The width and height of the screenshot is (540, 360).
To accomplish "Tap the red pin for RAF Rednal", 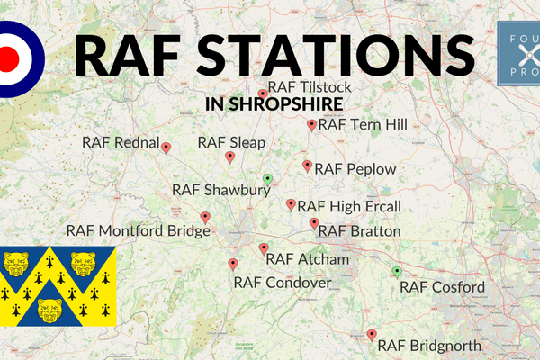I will [x=166, y=147].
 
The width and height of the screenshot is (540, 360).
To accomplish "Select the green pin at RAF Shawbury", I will [x=267, y=179].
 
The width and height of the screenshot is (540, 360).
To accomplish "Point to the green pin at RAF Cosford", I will [x=397, y=271].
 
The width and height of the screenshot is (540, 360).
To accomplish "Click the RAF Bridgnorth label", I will [x=429, y=345].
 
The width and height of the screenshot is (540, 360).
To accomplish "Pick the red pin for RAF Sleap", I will [x=229, y=157].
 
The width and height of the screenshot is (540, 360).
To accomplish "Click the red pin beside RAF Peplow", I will [x=307, y=166].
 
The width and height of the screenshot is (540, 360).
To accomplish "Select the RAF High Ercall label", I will [x=348, y=207].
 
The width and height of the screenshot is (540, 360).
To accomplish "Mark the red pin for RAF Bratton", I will [x=314, y=222].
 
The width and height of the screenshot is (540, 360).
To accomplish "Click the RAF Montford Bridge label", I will [x=138, y=230].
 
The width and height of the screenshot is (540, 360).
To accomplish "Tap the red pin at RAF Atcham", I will [x=264, y=248].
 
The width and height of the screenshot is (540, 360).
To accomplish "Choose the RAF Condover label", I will [x=283, y=283].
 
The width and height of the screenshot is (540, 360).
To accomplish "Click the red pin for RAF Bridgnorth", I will [x=372, y=335].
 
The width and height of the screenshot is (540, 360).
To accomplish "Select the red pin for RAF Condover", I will [x=233, y=264].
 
